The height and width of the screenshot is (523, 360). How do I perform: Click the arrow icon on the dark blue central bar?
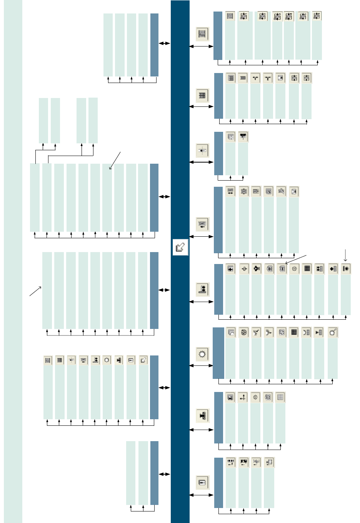click(180, 247)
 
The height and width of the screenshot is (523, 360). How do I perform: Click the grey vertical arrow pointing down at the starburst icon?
click(345, 255)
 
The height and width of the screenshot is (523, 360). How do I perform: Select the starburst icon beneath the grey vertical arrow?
click(345, 269)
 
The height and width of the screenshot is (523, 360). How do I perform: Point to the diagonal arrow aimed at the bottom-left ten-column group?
click(35, 291)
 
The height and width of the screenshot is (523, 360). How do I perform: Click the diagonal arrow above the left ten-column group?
click(115, 160)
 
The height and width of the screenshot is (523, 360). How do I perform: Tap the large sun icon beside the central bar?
click(202, 354)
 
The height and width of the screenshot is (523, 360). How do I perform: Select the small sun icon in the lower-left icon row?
click(107, 360)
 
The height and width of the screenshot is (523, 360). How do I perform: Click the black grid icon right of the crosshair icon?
click(307, 269)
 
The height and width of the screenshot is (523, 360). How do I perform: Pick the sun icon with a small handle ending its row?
click(332, 332)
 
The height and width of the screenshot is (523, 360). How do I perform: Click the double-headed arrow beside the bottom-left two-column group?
click(164, 474)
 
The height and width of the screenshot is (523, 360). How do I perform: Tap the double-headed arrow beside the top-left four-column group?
click(164, 43)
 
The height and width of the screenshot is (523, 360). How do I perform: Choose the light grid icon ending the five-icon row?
click(280, 397)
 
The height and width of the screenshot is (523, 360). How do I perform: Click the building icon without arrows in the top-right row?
click(230, 16)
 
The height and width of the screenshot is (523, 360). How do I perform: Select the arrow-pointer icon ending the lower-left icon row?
click(143, 360)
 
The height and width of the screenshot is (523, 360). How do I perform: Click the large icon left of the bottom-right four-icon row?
click(202, 482)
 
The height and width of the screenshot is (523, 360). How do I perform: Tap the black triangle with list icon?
click(319, 332)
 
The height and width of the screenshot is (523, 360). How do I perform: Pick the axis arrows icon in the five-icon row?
click(243, 397)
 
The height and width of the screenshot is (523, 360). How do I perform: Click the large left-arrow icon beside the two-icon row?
click(202, 150)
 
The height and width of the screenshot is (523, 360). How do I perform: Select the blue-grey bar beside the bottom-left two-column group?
click(154, 473)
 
